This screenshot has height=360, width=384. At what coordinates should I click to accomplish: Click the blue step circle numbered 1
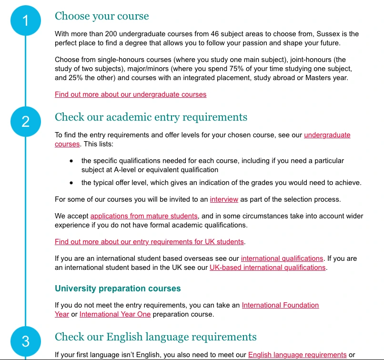click(25, 21)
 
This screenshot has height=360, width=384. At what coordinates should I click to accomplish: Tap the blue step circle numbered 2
click(25, 122)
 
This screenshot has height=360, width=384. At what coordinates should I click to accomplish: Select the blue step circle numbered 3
click(25, 341)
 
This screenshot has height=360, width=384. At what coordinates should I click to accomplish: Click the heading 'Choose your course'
click(101, 16)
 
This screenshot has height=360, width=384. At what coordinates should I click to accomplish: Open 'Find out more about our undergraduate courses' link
click(131, 94)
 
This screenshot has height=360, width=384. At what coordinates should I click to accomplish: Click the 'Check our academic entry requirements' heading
click(151, 117)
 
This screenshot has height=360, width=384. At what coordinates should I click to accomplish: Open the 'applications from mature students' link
click(144, 216)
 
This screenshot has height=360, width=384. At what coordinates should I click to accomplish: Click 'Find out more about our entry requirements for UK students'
click(149, 242)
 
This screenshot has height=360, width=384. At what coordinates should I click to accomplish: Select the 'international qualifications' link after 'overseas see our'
click(282, 259)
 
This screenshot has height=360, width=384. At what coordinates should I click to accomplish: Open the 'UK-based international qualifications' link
click(268, 267)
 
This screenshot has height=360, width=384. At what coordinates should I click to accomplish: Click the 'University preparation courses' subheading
click(118, 288)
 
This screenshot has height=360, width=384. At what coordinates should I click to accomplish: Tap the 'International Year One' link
click(115, 314)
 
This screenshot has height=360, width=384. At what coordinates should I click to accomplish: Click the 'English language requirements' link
click(297, 355)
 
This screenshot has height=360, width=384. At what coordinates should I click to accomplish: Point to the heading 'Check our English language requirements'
click(155, 338)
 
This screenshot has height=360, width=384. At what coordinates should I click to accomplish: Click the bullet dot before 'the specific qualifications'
click(71, 161)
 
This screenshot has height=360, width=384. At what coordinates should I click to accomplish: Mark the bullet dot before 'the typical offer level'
click(71, 183)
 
